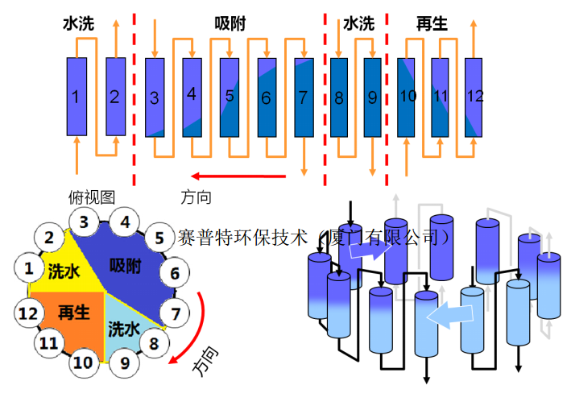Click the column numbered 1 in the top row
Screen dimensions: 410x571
(76, 97)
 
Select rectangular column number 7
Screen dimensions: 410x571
(304, 97)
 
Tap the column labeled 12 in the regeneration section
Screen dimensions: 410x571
(475, 97)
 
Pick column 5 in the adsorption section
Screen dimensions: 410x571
(230, 97)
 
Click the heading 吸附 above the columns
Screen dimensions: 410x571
(230, 25)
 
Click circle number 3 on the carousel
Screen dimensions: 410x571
(84, 222)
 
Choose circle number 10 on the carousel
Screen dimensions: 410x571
(82, 362)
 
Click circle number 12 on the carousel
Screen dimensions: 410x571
(29, 313)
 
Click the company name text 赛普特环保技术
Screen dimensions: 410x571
(242, 238)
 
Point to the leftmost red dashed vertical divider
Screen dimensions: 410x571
(134, 97)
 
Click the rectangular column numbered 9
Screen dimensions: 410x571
(372, 97)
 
